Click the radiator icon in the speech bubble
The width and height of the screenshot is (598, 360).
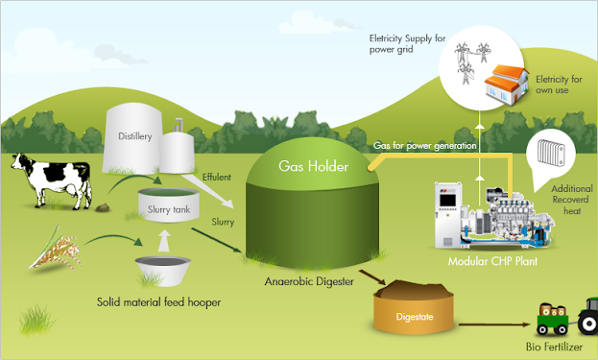point(554,154)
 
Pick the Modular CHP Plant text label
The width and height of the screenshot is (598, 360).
point(492,260)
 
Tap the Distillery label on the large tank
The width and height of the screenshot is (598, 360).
point(135,135)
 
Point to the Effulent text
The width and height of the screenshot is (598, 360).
point(217,176)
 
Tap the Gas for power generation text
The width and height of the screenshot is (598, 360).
point(425,145)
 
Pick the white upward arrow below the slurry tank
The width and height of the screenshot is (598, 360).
point(164,237)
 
